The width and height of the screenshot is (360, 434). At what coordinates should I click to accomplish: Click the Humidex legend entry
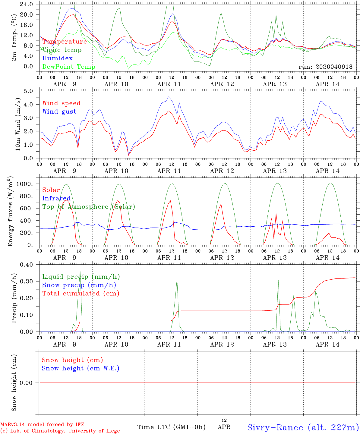point(57,58)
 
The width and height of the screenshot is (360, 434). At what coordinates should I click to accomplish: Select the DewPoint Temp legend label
point(69,67)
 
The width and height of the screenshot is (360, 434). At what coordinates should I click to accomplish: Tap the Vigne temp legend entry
point(62,50)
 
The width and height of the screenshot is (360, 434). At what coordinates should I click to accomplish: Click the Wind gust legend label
point(59,112)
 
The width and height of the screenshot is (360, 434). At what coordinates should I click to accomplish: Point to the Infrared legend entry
point(56,198)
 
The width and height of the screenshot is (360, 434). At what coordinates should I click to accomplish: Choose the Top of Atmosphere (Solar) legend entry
point(89,207)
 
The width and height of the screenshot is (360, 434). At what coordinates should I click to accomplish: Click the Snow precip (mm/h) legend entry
point(79,285)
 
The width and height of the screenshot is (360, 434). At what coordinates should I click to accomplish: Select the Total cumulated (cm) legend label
point(81,294)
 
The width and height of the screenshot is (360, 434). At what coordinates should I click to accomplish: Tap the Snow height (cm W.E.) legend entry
point(81,368)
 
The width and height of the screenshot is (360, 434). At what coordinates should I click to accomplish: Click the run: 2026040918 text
point(325,67)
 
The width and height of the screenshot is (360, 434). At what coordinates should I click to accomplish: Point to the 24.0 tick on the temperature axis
point(27,4)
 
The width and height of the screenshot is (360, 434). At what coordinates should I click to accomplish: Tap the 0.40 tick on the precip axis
point(27,265)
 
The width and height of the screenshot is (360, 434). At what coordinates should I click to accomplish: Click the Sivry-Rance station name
point(303,427)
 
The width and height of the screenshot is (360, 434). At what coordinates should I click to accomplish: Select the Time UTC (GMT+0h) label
point(171,427)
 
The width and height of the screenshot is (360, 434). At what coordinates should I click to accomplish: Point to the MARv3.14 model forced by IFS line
point(42,424)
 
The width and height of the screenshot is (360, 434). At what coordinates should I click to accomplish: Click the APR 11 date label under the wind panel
point(169,171)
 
